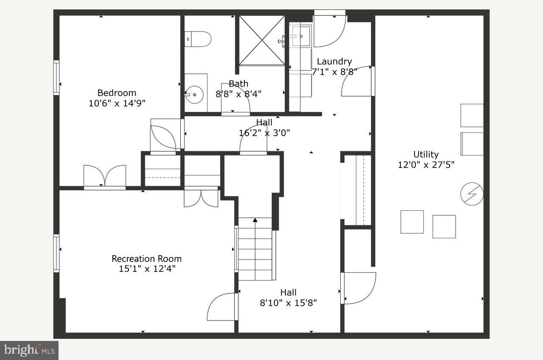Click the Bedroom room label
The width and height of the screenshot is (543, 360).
117,93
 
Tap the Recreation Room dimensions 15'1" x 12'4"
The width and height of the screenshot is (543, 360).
147,268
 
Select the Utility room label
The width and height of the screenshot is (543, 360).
426,154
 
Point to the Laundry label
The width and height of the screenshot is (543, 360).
334,61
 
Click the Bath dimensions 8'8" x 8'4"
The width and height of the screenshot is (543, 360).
238,94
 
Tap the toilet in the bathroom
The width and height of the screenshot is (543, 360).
198,39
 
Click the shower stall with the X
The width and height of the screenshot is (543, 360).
262,40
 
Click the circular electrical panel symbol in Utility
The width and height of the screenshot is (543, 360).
472,194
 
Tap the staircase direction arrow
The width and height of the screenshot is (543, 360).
255,220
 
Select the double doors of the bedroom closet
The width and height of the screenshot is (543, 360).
105,176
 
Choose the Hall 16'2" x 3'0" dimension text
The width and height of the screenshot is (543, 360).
264,132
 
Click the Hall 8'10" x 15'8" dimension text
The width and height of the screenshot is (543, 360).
288,303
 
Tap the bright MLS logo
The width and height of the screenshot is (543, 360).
29,350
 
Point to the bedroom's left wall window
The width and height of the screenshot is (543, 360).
56,78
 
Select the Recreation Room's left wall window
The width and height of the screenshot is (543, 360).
56,253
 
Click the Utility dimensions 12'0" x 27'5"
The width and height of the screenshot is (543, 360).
426,165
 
